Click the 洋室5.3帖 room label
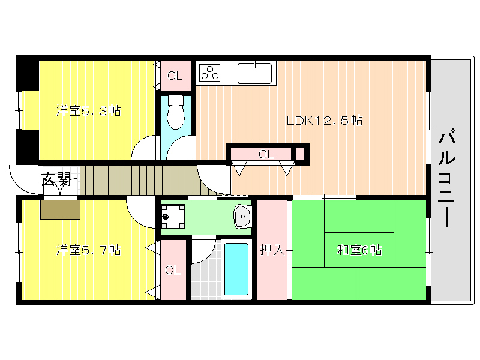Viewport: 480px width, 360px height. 88,111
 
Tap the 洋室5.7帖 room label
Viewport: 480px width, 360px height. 88,250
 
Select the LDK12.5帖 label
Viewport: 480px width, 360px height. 325,121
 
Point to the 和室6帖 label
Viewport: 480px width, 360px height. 359,250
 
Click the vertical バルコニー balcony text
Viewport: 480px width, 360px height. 446,179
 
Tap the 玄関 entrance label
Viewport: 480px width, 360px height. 56,179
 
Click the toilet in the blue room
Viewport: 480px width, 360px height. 176,112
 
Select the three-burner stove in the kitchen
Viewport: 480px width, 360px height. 209,73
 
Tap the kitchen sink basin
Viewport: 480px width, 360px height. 254,73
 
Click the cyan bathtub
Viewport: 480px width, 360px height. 236,269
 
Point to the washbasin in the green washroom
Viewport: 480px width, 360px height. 242,217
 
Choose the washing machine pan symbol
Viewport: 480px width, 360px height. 173,217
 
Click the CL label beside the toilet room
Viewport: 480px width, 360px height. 175,76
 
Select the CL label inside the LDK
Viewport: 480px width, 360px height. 266,154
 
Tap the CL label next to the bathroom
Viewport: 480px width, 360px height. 173,270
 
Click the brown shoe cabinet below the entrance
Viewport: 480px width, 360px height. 61,209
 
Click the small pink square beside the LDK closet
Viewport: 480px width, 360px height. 301,154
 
